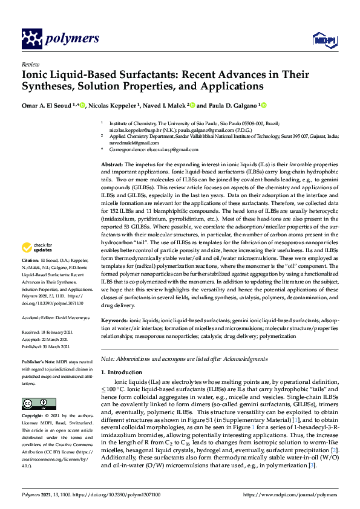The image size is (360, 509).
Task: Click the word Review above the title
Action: [30, 63]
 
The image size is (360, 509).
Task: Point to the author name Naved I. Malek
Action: [166, 105]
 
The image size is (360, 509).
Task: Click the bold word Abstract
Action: [112, 164]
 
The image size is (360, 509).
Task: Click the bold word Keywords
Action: [114, 319]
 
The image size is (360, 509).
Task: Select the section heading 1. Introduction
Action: [122, 372]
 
